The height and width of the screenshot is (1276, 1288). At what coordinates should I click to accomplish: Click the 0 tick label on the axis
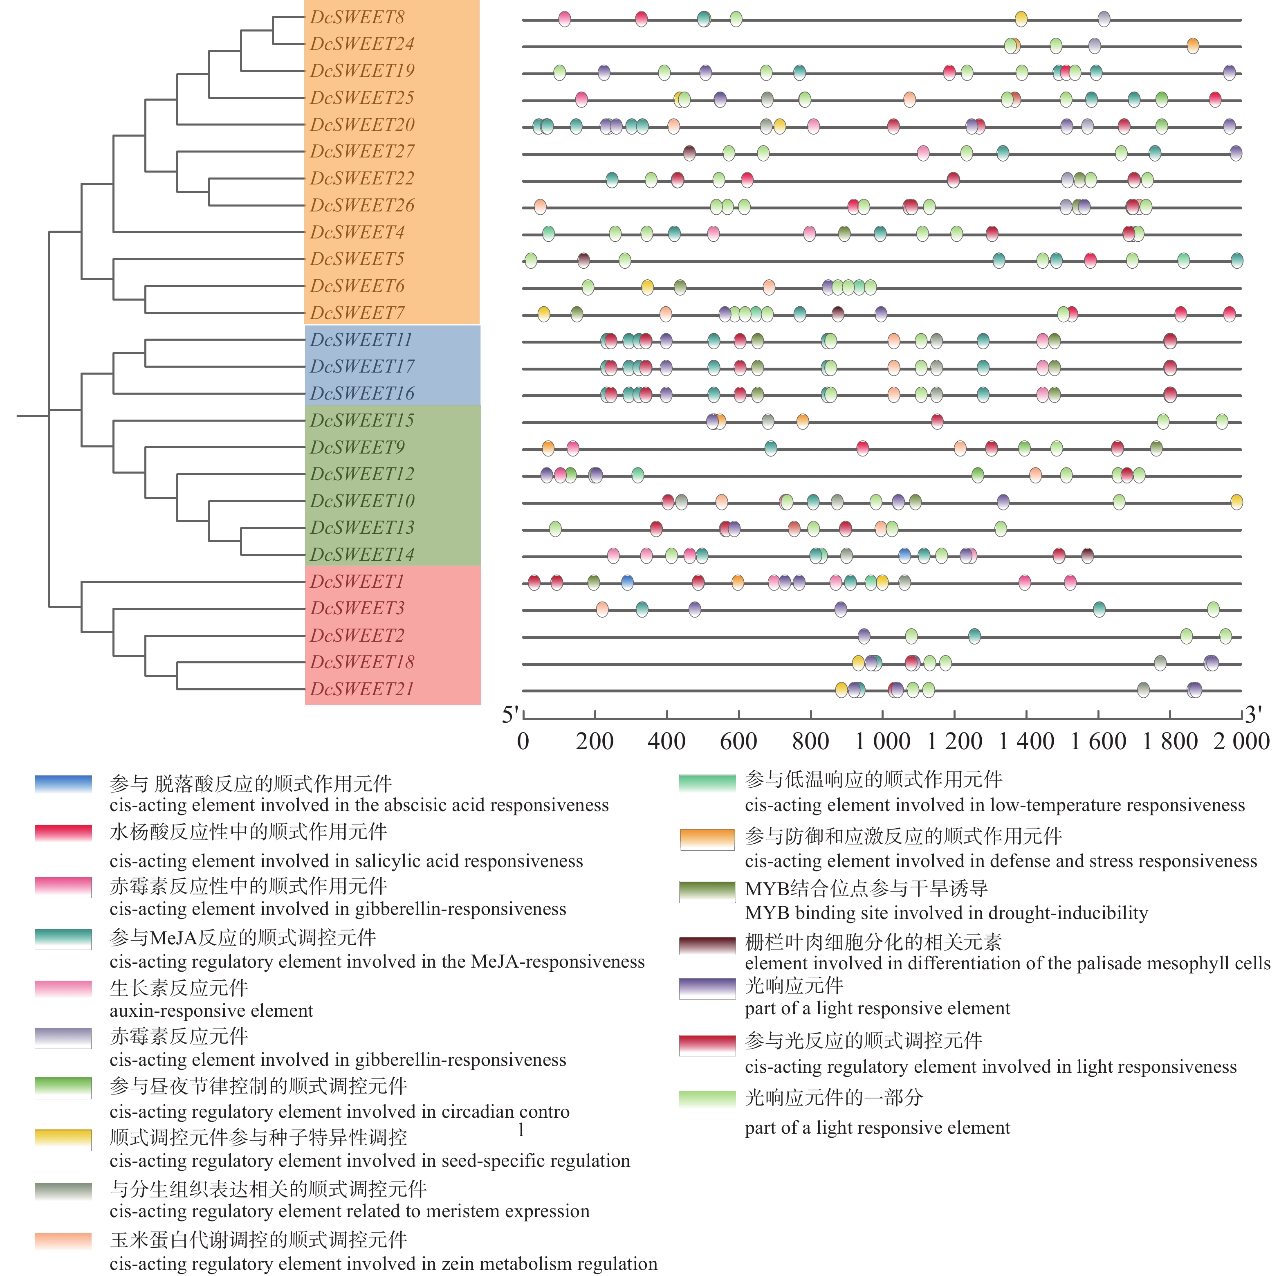pyautogui.click(x=523, y=741)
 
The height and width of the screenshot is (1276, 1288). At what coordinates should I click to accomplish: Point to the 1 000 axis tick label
pyautogui.click(x=883, y=741)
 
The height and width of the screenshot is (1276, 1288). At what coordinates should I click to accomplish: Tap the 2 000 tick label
pyautogui.click(x=1241, y=741)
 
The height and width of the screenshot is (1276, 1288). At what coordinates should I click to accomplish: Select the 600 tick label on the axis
pyautogui.click(x=739, y=741)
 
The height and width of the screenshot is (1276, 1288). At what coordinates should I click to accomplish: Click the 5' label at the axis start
pyautogui.click(x=510, y=714)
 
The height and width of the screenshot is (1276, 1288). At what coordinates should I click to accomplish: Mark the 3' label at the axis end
pyautogui.click(x=1253, y=714)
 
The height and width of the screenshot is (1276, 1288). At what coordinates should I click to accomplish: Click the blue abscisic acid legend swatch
pyautogui.click(x=63, y=783)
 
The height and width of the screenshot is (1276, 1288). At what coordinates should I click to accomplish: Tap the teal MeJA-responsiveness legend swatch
pyautogui.click(x=63, y=938)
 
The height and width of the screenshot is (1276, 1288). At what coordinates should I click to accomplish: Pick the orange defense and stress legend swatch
pyautogui.click(x=707, y=839)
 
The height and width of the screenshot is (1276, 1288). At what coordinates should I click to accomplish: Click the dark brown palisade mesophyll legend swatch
pyautogui.click(x=707, y=945)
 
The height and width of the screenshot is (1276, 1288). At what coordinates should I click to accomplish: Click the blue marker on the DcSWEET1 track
pyautogui.click(x=627, y=583)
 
